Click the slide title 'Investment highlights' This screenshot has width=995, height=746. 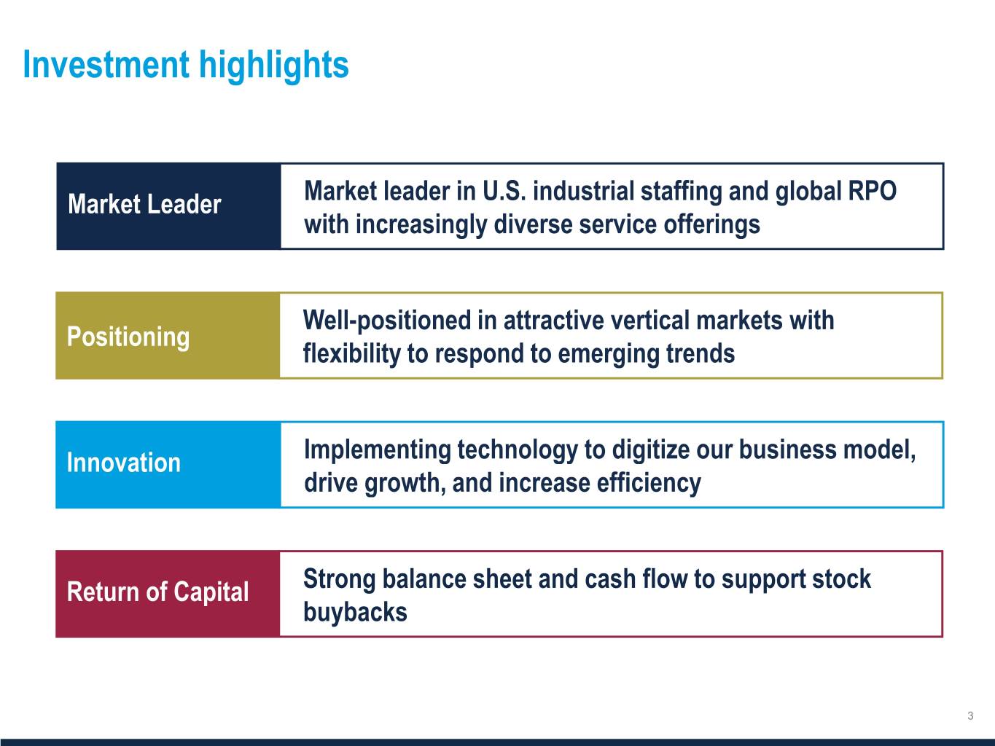point(186,66)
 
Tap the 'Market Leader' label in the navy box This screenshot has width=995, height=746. point(144,204)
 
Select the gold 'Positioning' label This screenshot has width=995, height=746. point(128,337)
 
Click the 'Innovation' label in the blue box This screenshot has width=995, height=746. point(124,463)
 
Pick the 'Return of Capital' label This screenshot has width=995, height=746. point(157,592)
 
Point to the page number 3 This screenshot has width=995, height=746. point(970,715)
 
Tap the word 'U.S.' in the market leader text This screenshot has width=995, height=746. point(504,191)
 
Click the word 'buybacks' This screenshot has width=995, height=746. point(356,612)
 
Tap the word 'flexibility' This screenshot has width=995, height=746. point(352,354)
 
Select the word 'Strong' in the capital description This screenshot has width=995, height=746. point(340,580)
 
